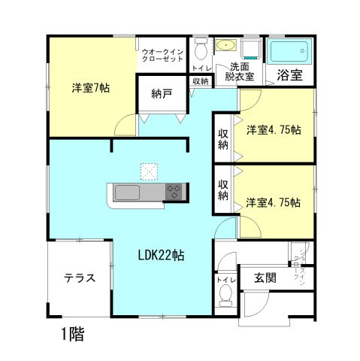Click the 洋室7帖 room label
91,88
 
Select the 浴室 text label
289,74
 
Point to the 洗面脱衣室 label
241,71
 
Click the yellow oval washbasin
225,46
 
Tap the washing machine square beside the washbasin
250,49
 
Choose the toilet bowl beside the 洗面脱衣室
200,50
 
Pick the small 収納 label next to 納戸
199,81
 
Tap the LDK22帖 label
161,255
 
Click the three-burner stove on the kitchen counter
174,191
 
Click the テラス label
79,278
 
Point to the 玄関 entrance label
265,278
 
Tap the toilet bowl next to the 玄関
225,299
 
